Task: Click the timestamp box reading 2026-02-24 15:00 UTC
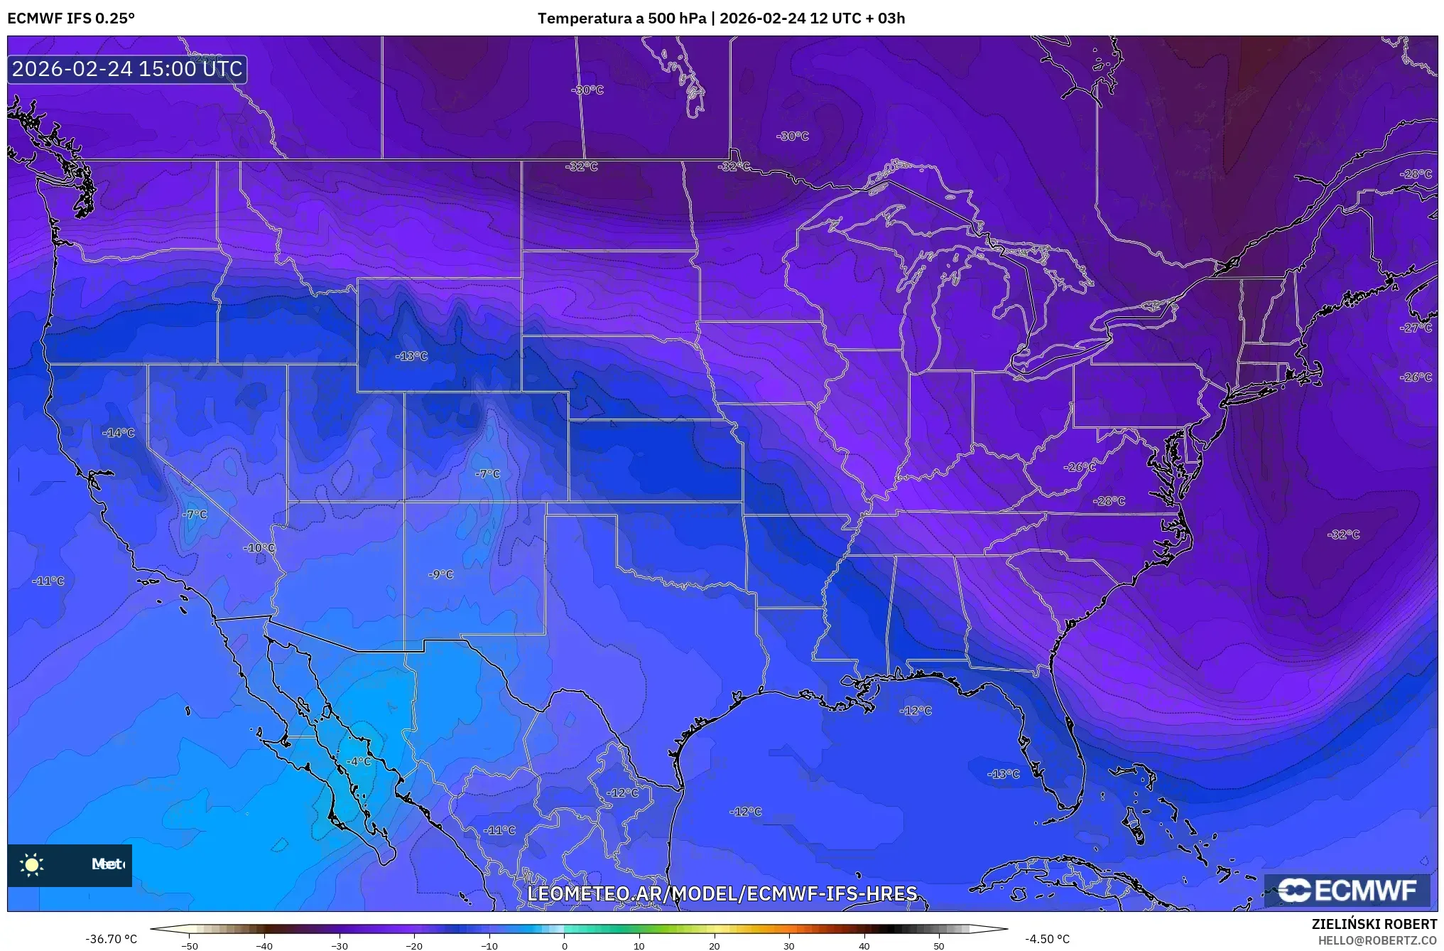click(x=127, y=69)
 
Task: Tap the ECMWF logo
click(x=1347, y=890)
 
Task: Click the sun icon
click(x=32, y=864)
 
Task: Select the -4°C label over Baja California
click(x=359, y=761)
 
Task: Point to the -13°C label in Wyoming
click(x=412, y=356)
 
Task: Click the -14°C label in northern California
click(x=119, y=432)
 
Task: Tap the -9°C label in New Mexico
click(x=441, y=574)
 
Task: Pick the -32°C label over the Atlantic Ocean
click(x=1343, y=534)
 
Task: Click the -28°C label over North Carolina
click(x=1109, y=500)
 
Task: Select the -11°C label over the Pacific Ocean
click(x=48, y=581)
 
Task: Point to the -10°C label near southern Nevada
click(x=259, y=547)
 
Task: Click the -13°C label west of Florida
click(x=1004, y=773)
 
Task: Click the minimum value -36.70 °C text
click(x=112, y=939)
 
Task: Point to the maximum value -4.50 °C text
click(x=1047, y=939)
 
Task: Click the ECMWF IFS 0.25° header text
click(x=71, y=18)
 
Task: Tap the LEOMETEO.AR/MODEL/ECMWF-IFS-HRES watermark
click(x=722, y=893)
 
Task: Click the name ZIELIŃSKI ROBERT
click(x=1374, y=924)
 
